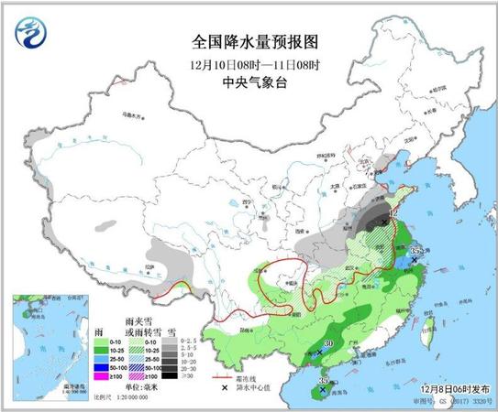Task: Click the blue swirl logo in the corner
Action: pos(34,33)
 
